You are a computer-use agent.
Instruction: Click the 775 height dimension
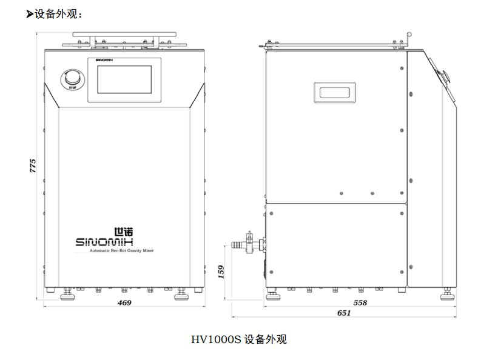(x=33, y=166)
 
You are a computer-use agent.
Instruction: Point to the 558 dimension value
(x=360, y=302)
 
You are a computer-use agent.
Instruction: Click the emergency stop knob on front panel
(x=72, y=79)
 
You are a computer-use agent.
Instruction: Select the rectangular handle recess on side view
(x=334, y=92)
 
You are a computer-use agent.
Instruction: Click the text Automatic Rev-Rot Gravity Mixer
(x=121, y=250)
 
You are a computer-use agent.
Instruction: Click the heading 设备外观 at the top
(x=58, y=14)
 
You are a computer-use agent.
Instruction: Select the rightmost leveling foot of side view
(x=446, y=295)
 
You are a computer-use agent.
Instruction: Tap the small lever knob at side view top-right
(x=409, y=35)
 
